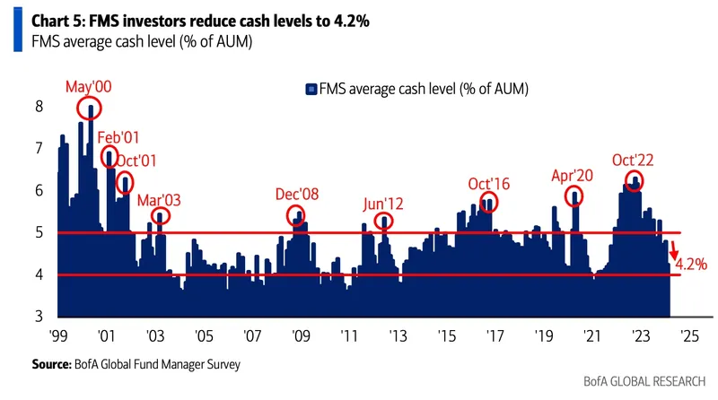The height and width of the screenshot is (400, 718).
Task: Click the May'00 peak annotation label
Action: tap(89, 87)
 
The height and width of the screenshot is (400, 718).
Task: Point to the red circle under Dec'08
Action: tap(297, 215)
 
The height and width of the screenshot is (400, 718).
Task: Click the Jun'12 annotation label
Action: tap(383, 203)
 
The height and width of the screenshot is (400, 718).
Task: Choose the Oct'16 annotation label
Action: tap(489, 183)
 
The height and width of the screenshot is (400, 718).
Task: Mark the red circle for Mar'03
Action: tap(161, 216)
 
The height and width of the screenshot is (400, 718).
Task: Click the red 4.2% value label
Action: tap(691, 264)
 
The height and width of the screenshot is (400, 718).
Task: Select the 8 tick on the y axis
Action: tap(39, 107)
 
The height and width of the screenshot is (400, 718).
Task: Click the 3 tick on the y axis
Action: tap(39, 316)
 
